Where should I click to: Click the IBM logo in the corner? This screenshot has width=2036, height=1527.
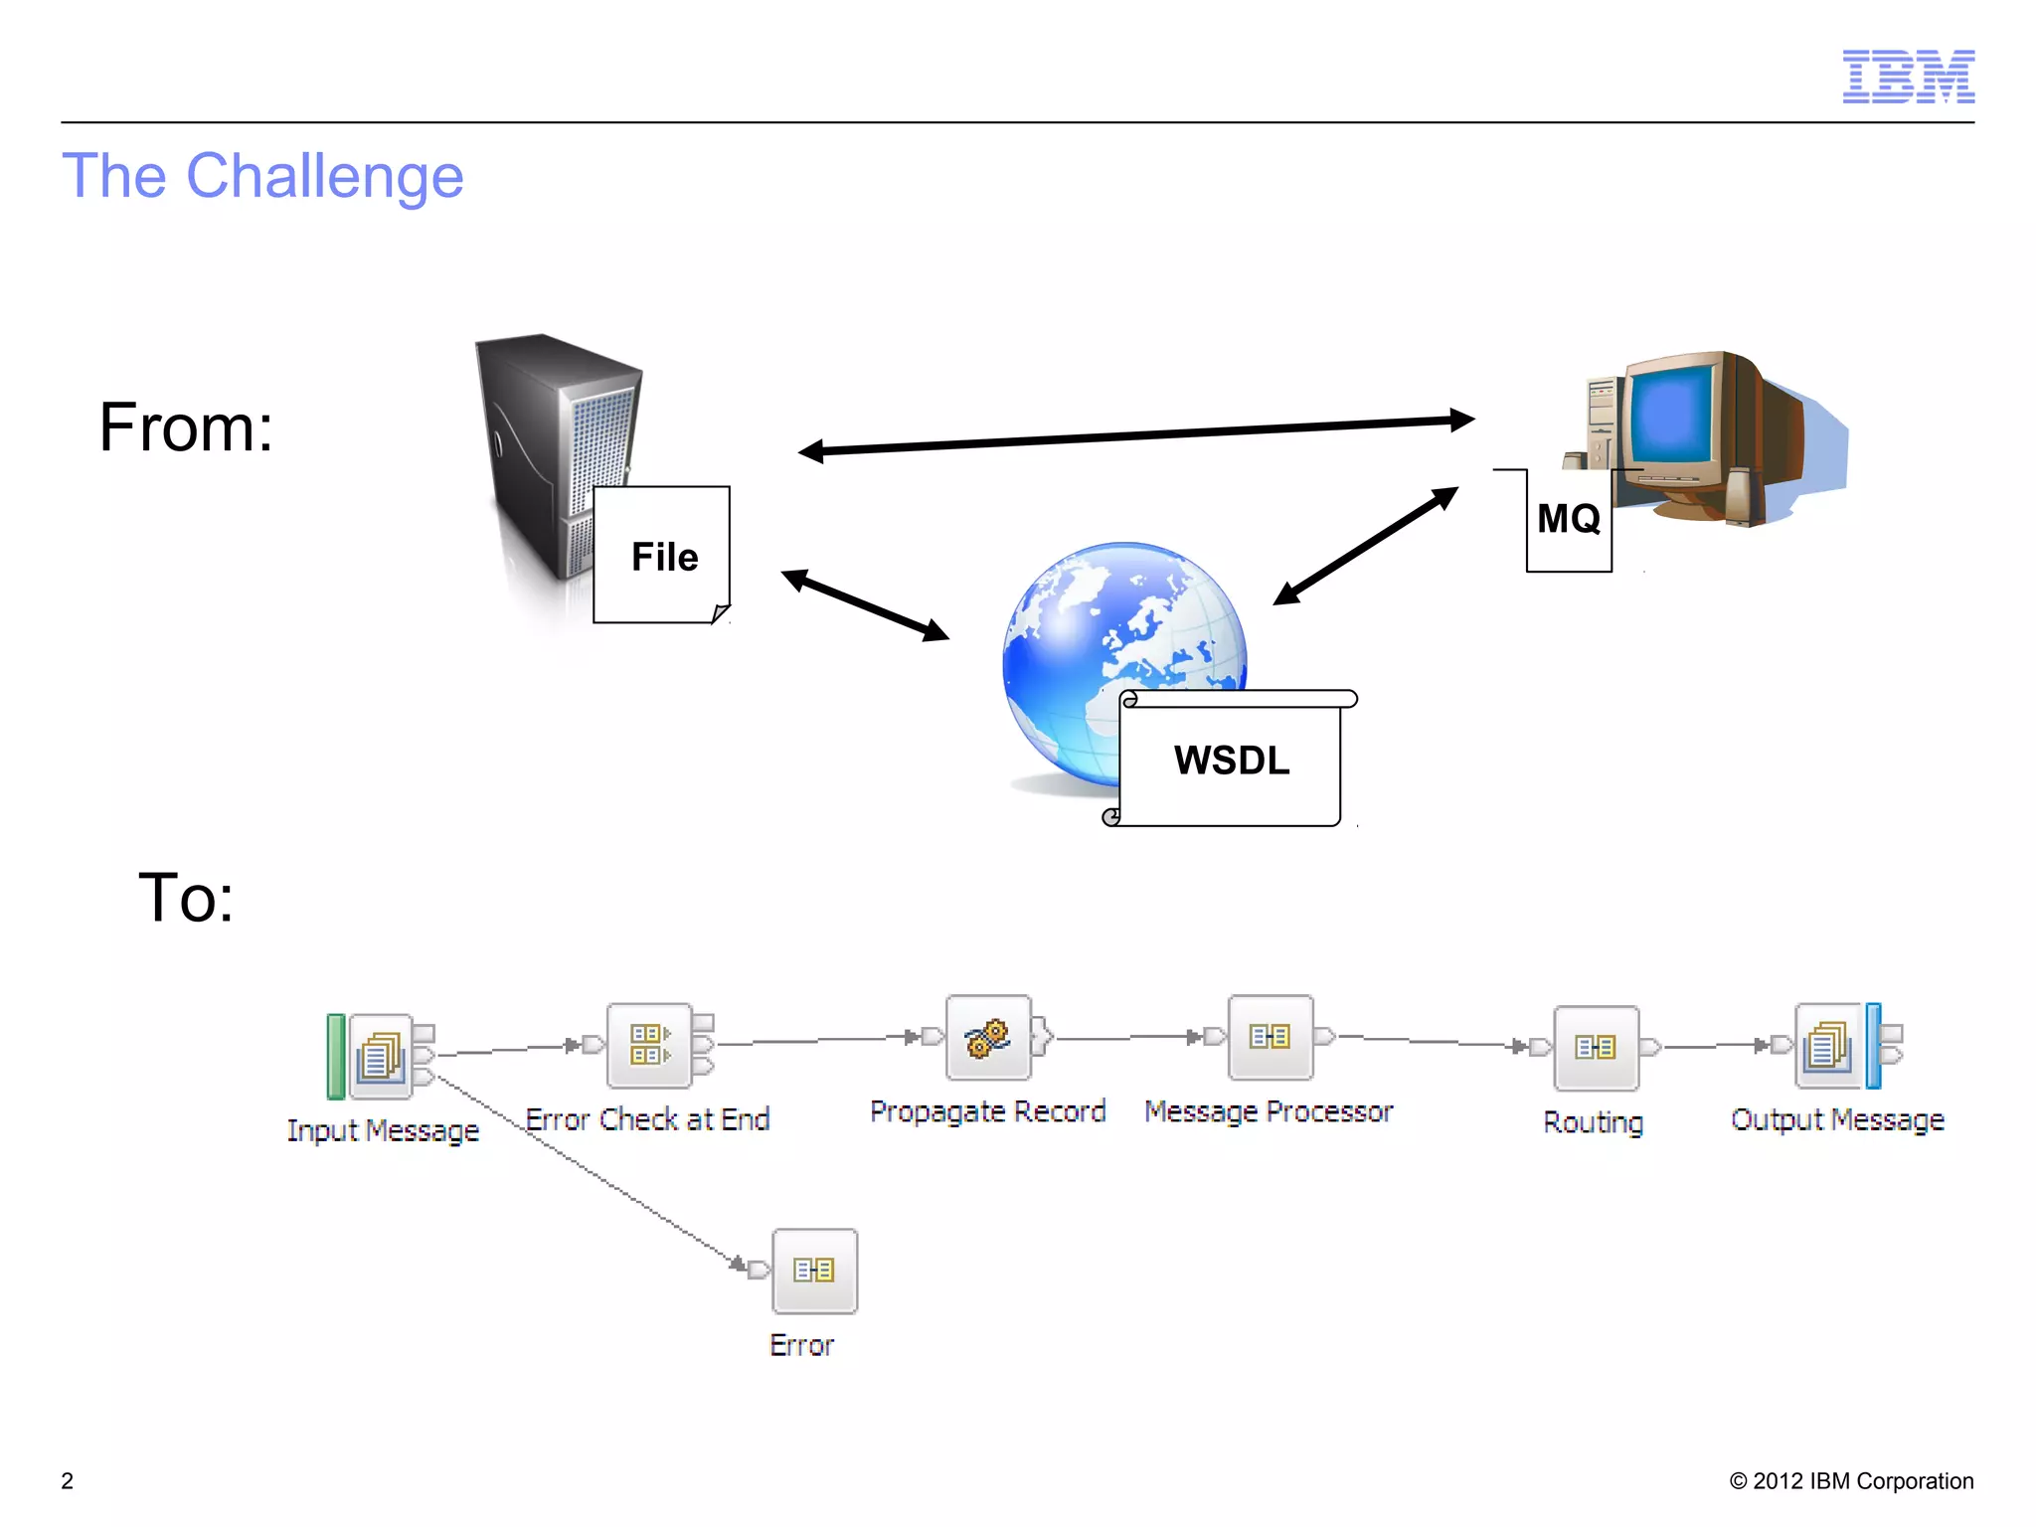coord(1908,77)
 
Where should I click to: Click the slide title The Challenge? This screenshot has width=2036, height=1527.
coord(262,176)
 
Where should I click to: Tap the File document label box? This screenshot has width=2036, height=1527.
coord(662,555)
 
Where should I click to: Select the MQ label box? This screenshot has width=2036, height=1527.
coord(1569,519)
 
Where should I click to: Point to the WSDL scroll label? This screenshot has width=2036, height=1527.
coord(1231,760)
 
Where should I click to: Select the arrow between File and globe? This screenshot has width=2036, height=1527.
coord(865,604)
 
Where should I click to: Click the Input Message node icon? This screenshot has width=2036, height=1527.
coord(381,1056)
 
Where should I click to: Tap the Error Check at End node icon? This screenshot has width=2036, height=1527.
coord(649,1045)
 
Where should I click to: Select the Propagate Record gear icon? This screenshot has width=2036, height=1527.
coord(988,1038)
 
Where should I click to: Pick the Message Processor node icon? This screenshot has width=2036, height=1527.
coord(1271,1038)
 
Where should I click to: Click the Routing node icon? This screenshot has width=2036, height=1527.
coord(1596,1048)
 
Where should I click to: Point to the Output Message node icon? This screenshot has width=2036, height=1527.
coord(1828,1047)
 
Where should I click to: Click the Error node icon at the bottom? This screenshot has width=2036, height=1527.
coord(814,1271)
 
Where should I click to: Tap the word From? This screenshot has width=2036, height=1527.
coord(186,427)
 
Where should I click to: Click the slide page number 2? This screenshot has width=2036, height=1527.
coord(68,1480)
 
